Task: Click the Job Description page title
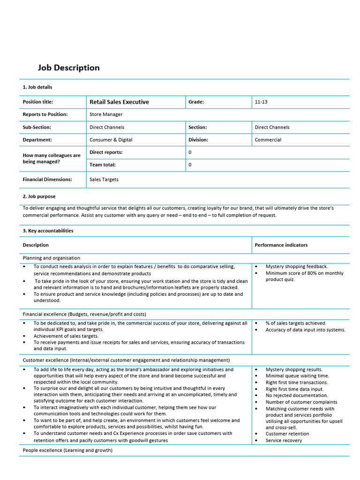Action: pos(68,68)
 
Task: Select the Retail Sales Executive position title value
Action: pos(119,102)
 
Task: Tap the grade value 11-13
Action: pos(261,102)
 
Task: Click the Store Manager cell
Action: pos(106,114)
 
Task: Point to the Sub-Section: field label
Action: pos(37,127)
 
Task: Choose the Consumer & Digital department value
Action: pos(111,140)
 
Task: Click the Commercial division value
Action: pos(268,140)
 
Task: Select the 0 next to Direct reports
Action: pos(190,152)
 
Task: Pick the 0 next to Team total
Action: pos(190,165)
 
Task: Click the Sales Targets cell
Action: pos(104,180)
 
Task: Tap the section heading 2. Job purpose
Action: pos(39,196)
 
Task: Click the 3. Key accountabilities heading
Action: pos(48,231)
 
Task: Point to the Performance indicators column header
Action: pos(281,245)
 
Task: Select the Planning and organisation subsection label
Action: pos(52,258)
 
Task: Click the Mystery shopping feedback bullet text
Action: pos(297,266)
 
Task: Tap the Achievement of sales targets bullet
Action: pos(66,336)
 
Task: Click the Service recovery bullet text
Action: pos(284,440)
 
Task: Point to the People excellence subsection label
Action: pos(67,450)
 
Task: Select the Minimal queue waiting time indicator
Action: pos(297,376)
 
